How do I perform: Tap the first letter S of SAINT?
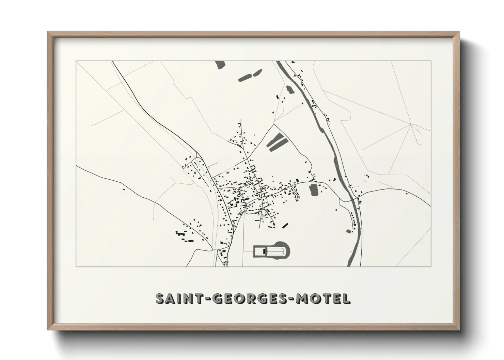160,299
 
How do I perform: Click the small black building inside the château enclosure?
264,252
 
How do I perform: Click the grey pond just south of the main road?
314,190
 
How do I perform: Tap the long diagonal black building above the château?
285,225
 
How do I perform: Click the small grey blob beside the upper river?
290,89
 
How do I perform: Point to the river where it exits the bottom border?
350,264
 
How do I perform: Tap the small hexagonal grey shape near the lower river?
348,231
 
